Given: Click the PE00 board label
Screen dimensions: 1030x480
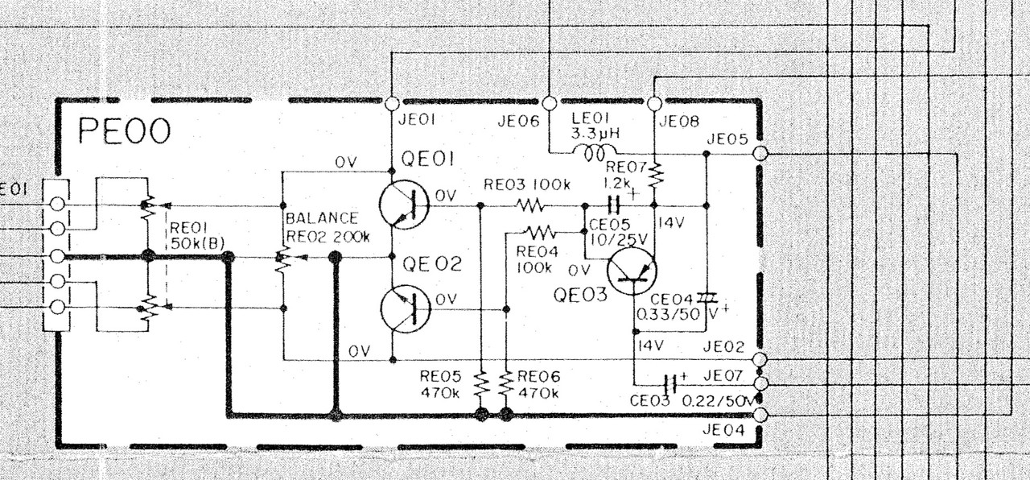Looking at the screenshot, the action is pyautogui.click(x=124, y=131).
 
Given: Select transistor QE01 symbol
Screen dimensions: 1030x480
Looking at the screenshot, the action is pyautogui.click(x=404, y=205).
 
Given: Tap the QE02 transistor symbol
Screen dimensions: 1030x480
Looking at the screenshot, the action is pyautogui.click(x=405, y=309).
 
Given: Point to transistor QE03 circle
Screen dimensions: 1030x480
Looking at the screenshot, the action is pyautogui.click(x=632, y=271).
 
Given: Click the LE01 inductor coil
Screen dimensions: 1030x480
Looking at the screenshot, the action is pyautogui.click(x=594, y=152).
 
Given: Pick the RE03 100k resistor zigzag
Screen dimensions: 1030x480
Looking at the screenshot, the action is pyautogui.click(x=530, y=205).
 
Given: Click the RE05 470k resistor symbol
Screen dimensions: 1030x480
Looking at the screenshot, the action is pyautogui.click(x=481, y=385).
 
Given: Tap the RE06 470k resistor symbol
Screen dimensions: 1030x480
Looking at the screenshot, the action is pyautogui.click(x=506, y=385).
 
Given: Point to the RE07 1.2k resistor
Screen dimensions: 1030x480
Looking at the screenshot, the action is pyautogui.click(x=655, y=175).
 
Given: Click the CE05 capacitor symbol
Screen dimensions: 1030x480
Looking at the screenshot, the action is pyautogui.click(x=614, y=205).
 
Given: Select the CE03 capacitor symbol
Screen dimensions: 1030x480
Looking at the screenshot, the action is pyautogui.click(x=671, y=384).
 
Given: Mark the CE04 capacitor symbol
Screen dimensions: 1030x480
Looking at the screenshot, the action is pyautogui.click(x=707, y=298).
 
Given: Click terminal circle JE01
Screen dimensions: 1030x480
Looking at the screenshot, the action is pyautogui.click(x=392, y=104).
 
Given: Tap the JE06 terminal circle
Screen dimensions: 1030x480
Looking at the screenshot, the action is pyautogui.click(x=550, y=104).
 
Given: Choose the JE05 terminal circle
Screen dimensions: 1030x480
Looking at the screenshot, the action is pyautogui.click(x=761, y=154).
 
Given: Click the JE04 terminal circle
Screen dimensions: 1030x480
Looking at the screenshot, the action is pyautogui.click(x=761, y=415).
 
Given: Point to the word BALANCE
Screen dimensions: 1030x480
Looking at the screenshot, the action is pyautogui.click(x=321, y=218).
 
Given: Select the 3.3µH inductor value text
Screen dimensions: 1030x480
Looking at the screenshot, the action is pyautogui.click(x=595, y=134).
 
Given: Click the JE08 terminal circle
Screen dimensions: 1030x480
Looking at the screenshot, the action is pyautogui.click(x=655, y=104).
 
